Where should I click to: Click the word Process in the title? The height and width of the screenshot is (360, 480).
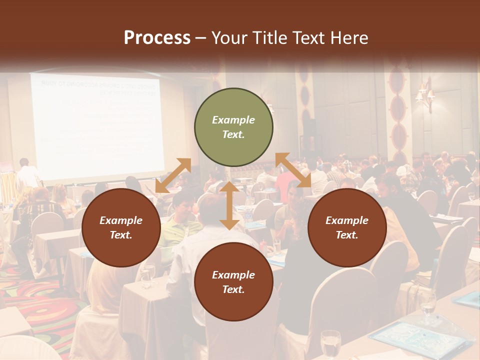pos(157,38)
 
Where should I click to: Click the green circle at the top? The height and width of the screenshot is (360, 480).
pos(233,127)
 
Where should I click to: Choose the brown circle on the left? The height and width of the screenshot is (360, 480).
pos(121,227)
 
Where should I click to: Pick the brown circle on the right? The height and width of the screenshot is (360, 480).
pos(347,227)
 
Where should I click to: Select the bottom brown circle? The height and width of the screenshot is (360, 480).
pos(233,282)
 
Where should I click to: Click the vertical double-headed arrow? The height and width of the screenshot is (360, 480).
pos(229,205)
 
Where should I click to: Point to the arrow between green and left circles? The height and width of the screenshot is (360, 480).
pos(173,175)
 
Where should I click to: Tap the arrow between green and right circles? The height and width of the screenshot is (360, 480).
pos(293,170)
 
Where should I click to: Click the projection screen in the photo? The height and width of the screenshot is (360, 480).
pos(97,125)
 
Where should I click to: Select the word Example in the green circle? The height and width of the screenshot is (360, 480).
pos(233,120)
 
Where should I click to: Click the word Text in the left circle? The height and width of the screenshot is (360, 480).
pos(121,235)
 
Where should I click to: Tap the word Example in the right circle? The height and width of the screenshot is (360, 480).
pos(347,220)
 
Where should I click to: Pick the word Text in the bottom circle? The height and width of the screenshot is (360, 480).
pos(233,289)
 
